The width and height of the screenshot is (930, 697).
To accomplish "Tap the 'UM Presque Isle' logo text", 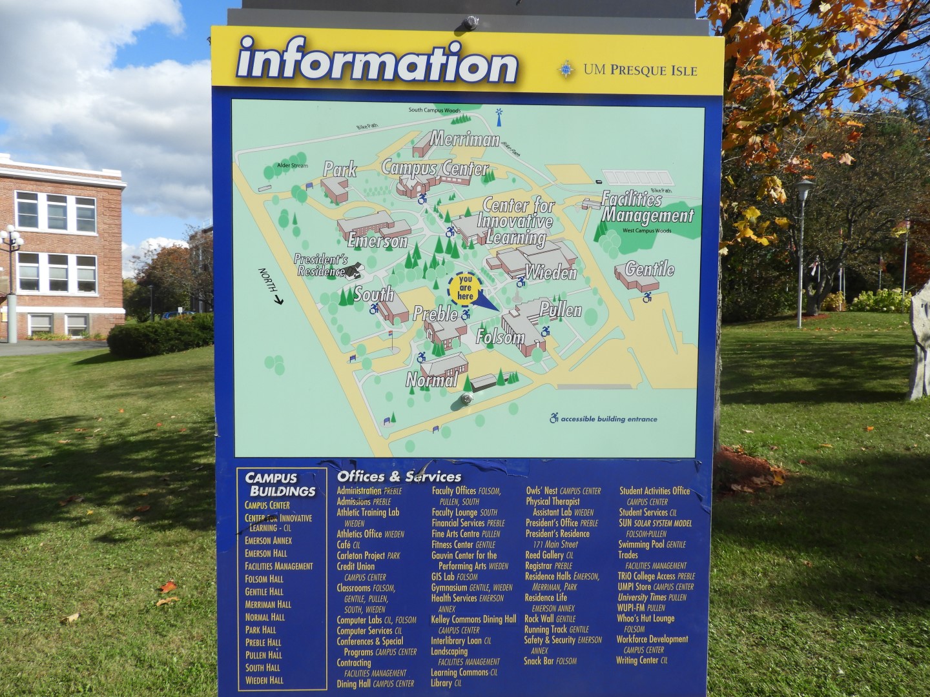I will pyautogui.click(x=639, y=70).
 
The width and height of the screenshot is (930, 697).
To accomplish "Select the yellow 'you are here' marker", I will pyautogui.click(x=465, y=288).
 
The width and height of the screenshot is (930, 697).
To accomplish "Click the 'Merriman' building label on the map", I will pyautogui.click(x=464, y=139).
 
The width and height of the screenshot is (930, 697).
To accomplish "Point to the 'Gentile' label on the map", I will pyautogui.click(x=649, y=269).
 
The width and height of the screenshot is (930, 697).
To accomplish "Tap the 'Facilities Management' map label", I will pyautogui.click(x=647, y=207).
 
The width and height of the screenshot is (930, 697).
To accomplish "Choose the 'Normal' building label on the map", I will pyautogui.click(x=431, y=379).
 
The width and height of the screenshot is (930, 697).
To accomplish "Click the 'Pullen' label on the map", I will pyautogui.click(x=561, y=310).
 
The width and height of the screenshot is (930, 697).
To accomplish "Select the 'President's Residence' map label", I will pyautogui.click(x=321, y=265).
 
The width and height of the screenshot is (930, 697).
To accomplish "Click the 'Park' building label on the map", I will pyautogui.click(x=340, y=170).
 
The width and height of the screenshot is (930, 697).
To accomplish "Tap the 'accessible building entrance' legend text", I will pyautogui.click(x=608, y=419).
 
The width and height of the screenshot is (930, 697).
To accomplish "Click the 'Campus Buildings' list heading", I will pyautogui.click(x=280, y=484).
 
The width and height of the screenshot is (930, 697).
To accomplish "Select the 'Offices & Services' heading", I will pyautogui.click(x=399, y=477).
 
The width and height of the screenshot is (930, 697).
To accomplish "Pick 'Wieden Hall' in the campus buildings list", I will pyautogui.click(x=264, y=680).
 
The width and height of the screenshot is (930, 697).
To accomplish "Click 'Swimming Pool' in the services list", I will pyautogui.click(x=643, y=544).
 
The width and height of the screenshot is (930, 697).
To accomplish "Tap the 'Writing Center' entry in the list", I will pyautogui.click(x=637, y=660).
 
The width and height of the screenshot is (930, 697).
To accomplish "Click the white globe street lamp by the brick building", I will pyautogui.click(x=11, y=239).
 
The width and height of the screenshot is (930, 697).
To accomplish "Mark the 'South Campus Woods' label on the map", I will pyautogui.click(x=434, y=110).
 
